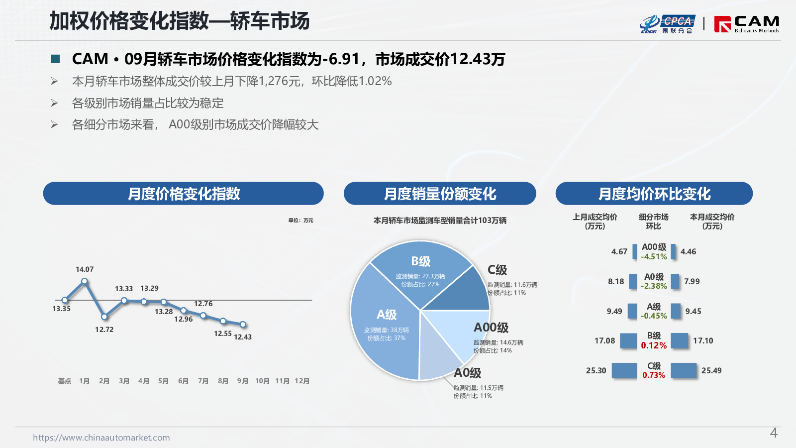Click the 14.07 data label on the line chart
(85, 269)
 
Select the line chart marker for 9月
(243, 324)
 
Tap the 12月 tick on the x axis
(302, 381)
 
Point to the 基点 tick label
(65, 381)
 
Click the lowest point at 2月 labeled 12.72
(104, 317)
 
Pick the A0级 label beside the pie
(468, 373)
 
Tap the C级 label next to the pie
(497, 270)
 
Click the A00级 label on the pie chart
(491, 328)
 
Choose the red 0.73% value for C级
(654, 375)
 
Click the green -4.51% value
(654, 257)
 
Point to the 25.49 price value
(711, 370)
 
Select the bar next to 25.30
(624, 370)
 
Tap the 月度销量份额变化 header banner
(440, 194)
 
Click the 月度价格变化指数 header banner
(183, 194)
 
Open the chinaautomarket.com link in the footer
(101, 438)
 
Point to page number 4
(774, 433)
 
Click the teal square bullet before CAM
(56, 59)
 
